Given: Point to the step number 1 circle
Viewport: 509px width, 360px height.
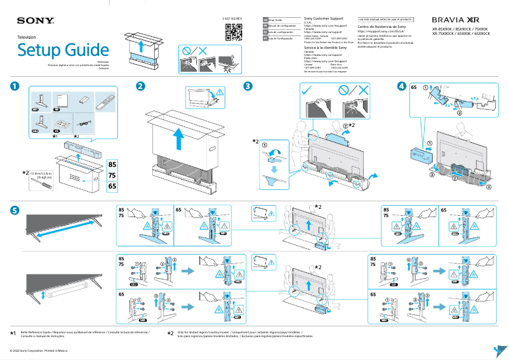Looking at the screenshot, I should (x=15, y=86).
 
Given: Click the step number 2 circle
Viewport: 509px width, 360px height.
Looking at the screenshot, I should (x=140, y=86).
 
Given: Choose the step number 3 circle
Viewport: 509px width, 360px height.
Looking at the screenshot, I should (x=248, y=86).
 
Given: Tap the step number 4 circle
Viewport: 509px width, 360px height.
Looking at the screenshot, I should (x=401, y=86).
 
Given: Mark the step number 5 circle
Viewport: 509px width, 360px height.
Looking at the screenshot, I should (x=15, y=210).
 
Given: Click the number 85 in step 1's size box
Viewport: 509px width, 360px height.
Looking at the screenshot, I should (x=112, y=165).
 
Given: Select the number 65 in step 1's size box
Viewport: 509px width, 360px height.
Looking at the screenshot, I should (x=112, y=186).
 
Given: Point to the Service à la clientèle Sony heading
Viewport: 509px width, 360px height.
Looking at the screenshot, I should (x=325, y=48).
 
